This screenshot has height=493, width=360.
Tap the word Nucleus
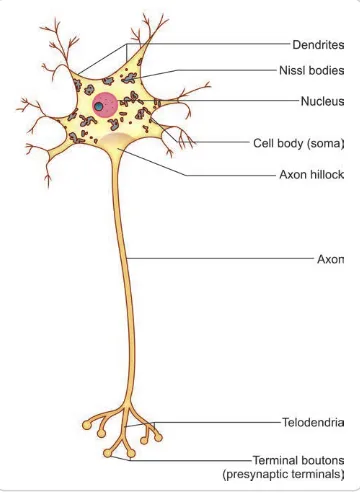tap(322, 101)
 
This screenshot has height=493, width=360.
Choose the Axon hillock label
tap(311, 174)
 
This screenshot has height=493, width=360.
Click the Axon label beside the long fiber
tap(330, 258)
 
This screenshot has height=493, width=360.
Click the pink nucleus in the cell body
tap(104, 105)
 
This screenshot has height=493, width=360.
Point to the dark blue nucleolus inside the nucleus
tap(99, 107)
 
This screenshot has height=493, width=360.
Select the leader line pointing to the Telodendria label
tap(220, 423)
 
